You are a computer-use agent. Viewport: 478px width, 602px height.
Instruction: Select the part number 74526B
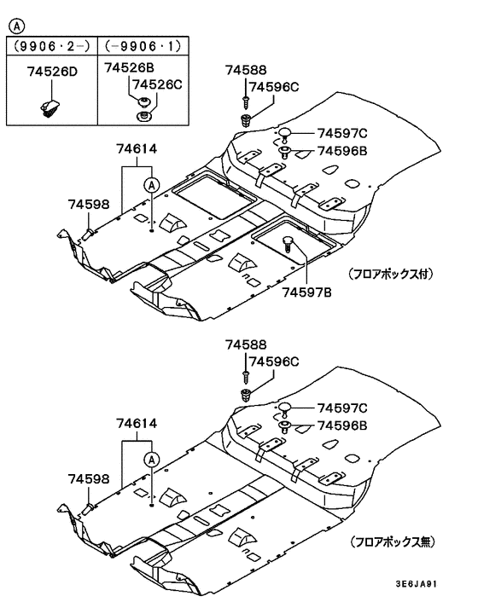[x=129, y=66]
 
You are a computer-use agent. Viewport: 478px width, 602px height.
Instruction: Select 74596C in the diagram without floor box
[x=273, y=360]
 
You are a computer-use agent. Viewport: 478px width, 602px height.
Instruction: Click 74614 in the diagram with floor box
[x=137, y=148]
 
